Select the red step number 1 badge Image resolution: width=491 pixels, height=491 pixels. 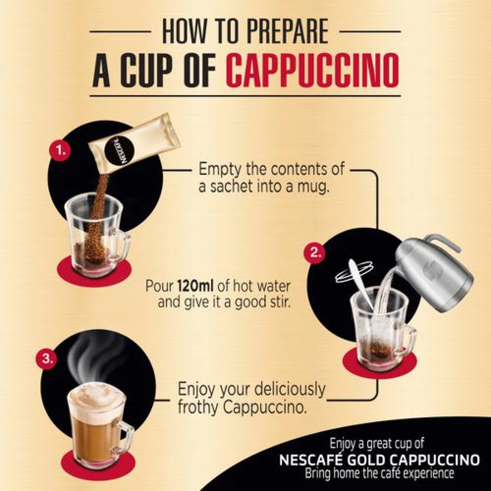tap(59, 152)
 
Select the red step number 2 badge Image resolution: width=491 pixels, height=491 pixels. tap(316, 253)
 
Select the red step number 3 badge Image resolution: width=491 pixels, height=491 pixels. tap(47, 358)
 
